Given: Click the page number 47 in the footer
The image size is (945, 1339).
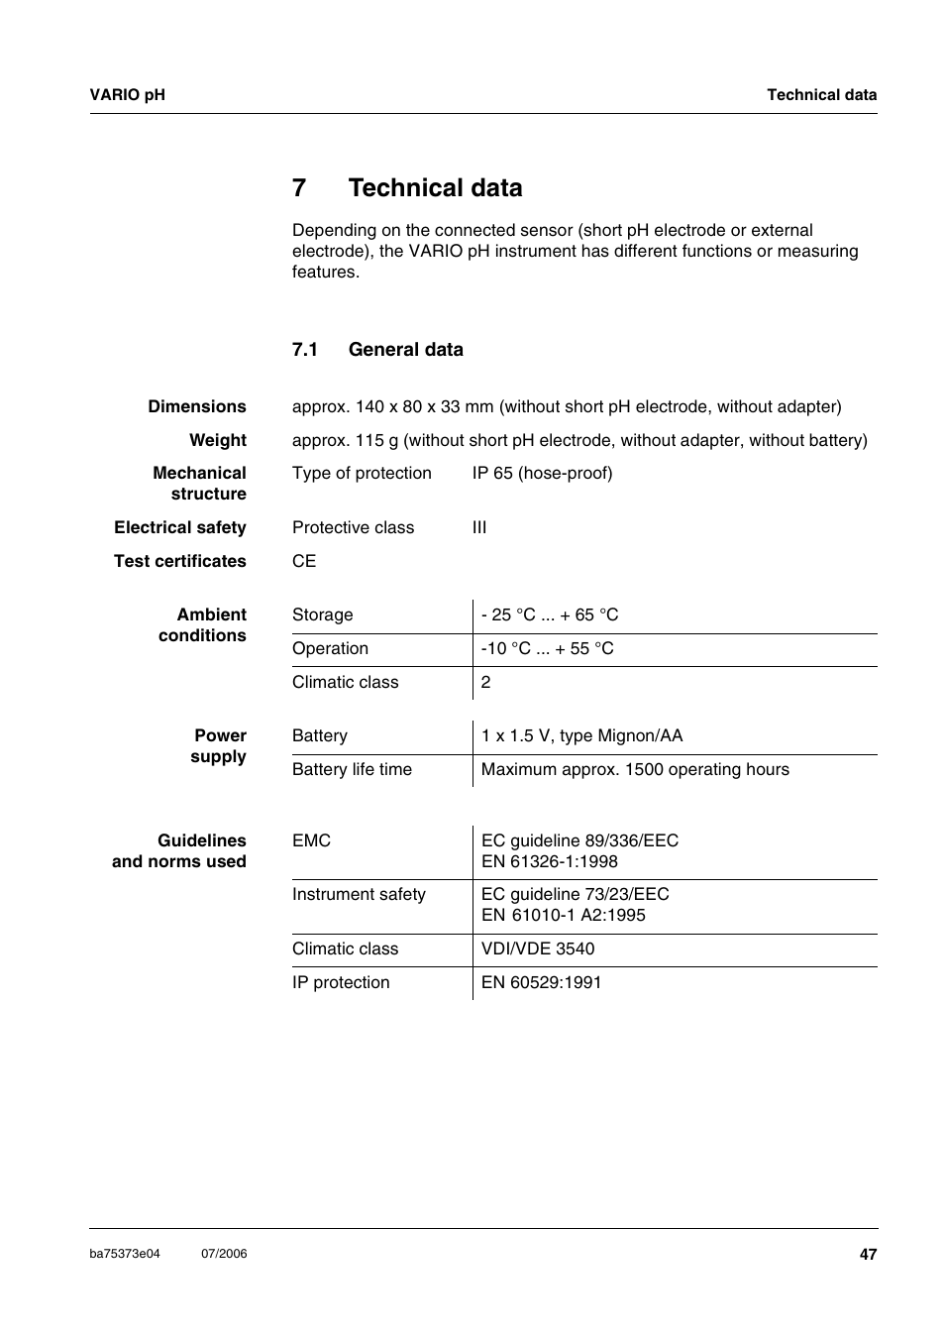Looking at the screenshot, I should coord(868,1254).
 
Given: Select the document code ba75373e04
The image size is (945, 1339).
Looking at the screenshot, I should coord(125,1254).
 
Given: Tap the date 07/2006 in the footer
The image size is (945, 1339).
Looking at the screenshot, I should coord(224,1254).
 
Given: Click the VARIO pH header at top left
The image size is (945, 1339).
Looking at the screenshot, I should coord(128,95).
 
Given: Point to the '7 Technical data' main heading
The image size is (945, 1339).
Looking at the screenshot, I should coord(407,188).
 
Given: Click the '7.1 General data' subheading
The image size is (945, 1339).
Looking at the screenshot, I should coord(377,350).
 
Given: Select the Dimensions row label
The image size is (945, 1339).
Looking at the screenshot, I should coord(197,406).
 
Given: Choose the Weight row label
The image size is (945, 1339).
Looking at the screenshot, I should coord(218,440).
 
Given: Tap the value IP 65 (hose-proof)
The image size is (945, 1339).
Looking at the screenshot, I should coord(542,474).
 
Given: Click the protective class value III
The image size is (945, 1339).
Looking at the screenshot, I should coord(479,528).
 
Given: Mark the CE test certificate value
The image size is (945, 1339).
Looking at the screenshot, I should coord(304,561).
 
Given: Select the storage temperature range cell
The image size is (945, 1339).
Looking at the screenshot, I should coord(550,615).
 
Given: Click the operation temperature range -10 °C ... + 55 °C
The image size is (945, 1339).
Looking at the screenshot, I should coord(548,649).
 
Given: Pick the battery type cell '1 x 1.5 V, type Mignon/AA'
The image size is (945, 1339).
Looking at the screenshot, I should coord(581,736).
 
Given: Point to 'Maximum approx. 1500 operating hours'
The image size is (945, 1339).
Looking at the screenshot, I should coord(635,770).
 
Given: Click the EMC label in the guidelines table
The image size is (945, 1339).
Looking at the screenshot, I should coord(312,841).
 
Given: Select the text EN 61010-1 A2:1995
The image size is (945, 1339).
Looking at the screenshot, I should coord(563,916).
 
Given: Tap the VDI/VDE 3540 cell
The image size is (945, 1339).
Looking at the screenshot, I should coord(538,949).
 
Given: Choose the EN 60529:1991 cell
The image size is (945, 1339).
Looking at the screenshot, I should coord(541,983).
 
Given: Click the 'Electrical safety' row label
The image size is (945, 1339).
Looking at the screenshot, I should coord(180,528).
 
